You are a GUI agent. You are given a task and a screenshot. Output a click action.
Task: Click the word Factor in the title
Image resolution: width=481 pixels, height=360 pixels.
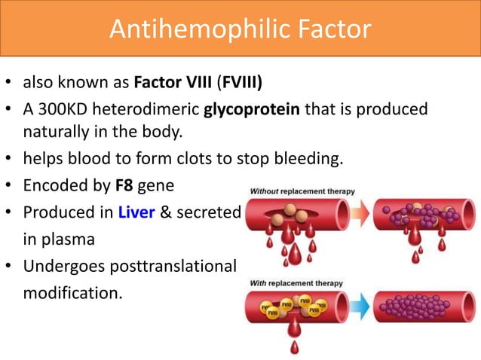tap(328, 29)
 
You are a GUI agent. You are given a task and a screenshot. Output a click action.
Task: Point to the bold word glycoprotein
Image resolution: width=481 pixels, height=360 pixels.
tap(253, 110)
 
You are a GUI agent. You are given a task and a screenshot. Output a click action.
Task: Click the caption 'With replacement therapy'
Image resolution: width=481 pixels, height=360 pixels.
tap(295, 283)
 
